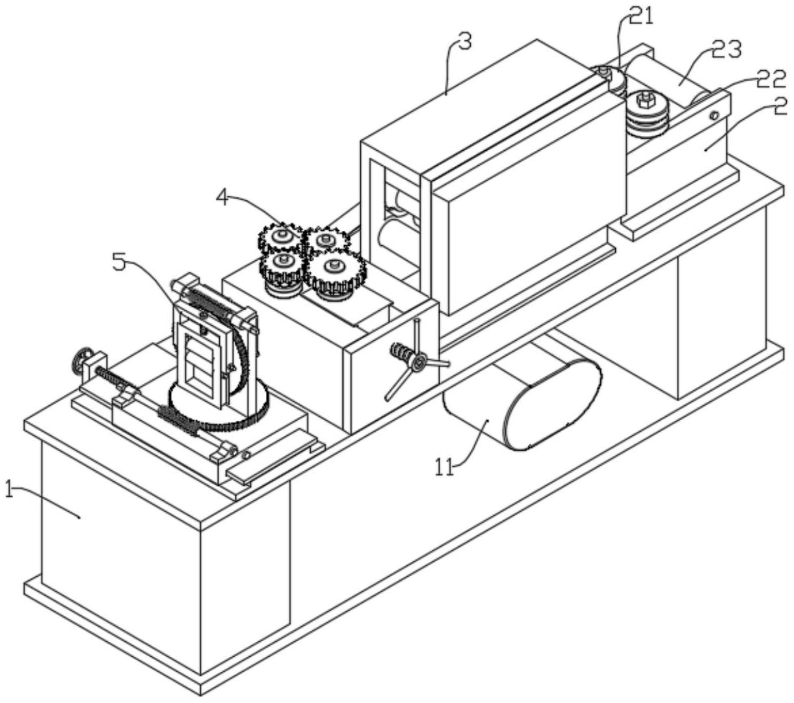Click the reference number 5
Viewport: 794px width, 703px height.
coord(118,263)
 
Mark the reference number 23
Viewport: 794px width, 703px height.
coord(726,51)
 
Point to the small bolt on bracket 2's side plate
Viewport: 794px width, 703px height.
coord(714,115)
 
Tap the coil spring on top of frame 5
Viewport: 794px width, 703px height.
coord(208,302)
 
